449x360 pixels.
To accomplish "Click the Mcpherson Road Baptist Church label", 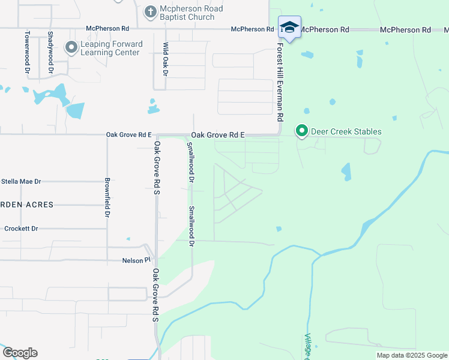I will click(x=191, y=13).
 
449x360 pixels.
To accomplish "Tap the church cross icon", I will click(x=150, y=11).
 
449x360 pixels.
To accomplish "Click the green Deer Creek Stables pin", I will click(x=302, y=131).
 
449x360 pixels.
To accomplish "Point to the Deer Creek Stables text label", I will click(x=346, y=131).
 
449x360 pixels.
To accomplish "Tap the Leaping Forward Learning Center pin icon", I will click(x=72, y=47).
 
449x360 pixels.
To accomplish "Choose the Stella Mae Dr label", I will click(x=22, y=181).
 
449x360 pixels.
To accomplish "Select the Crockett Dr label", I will click(x=21, y=229).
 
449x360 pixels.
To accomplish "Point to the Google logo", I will click(x=20, y=353).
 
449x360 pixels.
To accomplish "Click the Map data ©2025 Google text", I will click(x=411, y=355).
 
